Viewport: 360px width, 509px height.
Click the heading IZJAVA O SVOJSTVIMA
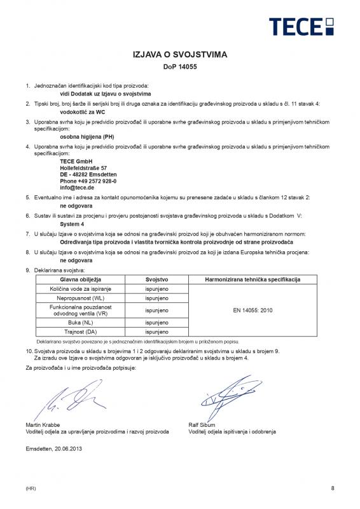coord(179,55)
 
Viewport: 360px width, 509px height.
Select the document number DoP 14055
coord(179,67)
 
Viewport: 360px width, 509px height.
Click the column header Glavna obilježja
coord(81,280)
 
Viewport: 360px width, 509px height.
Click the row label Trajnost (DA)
coord(81,332)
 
